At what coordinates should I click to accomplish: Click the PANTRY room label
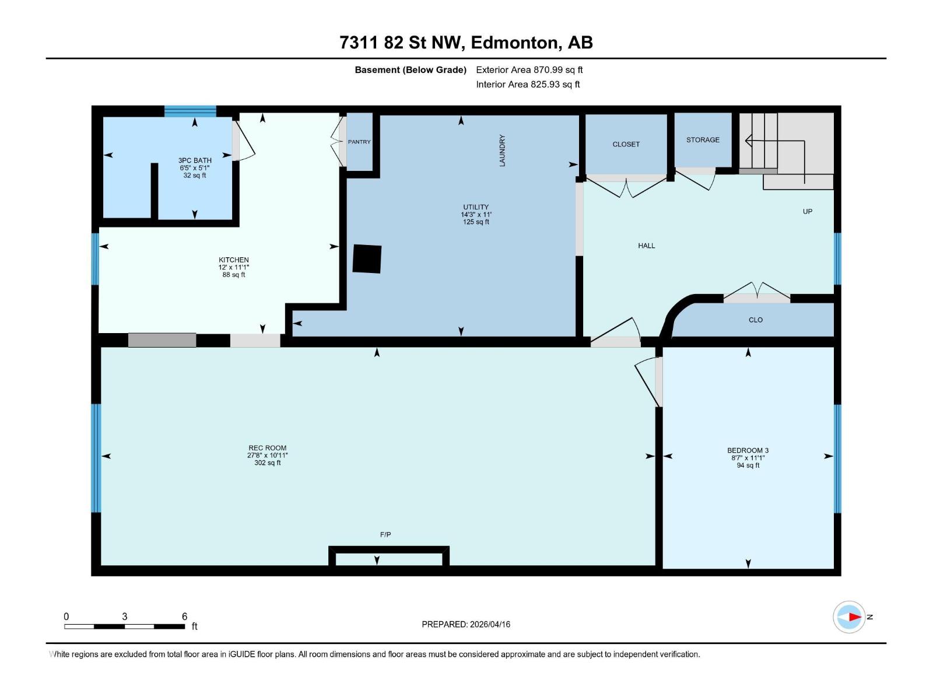pos(359,142)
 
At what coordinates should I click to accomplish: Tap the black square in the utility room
pos(367,258)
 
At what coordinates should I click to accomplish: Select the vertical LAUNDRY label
pos(502,150)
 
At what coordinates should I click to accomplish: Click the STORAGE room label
pos(703,140)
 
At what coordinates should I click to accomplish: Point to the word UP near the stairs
pos(808,212)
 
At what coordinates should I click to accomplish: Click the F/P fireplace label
pos(385,534)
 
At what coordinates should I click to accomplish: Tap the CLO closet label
pos(756,320)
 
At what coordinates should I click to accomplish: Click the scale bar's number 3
pos(125,617)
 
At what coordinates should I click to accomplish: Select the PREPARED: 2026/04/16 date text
pos(466,624)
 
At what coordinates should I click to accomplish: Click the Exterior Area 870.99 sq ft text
pos(529,70)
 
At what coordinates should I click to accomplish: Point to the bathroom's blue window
pos(190,111)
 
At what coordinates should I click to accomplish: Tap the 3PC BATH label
pos(195,160)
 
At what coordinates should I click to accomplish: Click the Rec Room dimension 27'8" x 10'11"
pos(268,456)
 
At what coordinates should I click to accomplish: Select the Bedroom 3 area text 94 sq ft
pos(748,466)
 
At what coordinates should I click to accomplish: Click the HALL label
pos(647,246)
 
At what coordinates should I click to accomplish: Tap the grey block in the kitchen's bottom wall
pos(162,340)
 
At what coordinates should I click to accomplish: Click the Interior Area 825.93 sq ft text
pos(528,85)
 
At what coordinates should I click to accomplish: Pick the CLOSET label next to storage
pos(626,145)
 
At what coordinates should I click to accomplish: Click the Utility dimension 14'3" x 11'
pos(476,215)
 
